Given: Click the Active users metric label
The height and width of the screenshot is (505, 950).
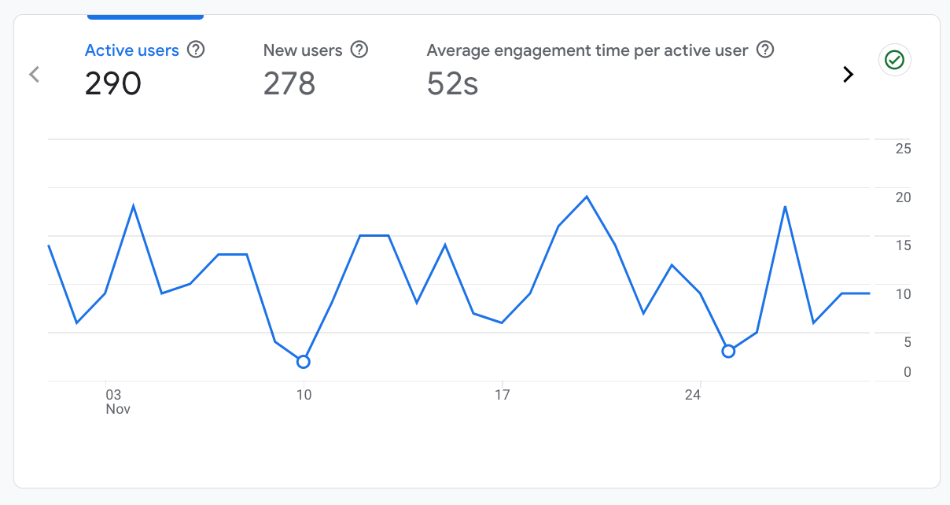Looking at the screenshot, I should point(132,50).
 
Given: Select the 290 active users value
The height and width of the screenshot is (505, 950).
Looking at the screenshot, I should point(113,83).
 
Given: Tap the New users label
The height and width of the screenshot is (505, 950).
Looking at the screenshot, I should point(303,50).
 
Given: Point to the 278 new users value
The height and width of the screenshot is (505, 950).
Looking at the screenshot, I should point(289,83).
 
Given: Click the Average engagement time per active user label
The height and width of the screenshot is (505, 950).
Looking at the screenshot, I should point(587,50).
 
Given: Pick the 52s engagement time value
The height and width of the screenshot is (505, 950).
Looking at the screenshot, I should point(453,83).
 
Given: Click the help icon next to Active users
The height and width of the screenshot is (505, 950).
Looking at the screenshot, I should point(197,50).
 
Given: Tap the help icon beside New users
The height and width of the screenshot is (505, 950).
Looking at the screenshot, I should point(359,50).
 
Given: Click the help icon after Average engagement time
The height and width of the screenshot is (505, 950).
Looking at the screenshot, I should point(765,50).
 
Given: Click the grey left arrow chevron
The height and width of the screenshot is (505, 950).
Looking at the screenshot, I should point(34,75).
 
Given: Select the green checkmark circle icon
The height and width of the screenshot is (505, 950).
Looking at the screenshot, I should point(894,60).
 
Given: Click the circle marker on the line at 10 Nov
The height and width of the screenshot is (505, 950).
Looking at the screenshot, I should point(304,362).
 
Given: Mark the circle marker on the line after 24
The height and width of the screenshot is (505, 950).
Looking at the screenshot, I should point(728,351).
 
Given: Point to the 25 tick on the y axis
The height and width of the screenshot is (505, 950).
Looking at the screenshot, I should point(903,149).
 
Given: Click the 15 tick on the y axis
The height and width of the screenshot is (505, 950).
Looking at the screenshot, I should point(903,245).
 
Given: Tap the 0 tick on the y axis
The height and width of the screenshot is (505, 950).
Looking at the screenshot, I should point(907,372).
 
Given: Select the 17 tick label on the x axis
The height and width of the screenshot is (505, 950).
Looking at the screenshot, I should point(502,395).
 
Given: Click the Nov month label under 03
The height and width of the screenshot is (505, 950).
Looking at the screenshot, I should point(118,409).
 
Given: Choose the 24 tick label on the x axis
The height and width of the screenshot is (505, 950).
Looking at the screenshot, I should point(693,395).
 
